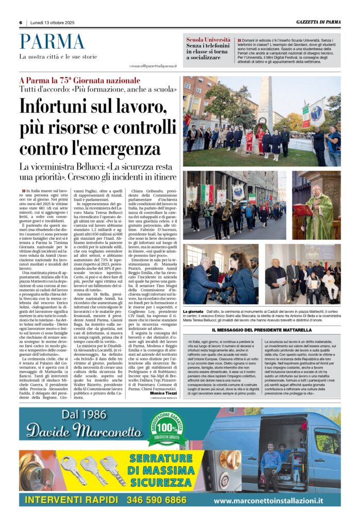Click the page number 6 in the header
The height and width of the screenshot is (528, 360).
tap(21, 22)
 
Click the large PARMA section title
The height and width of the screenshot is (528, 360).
tap(52, 42)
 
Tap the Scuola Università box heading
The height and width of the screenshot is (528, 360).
tap(208, 39)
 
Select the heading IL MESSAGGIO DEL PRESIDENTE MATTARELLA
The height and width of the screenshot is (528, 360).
tap(261, 330)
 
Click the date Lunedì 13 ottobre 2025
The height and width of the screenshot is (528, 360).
tap(52, 22)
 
